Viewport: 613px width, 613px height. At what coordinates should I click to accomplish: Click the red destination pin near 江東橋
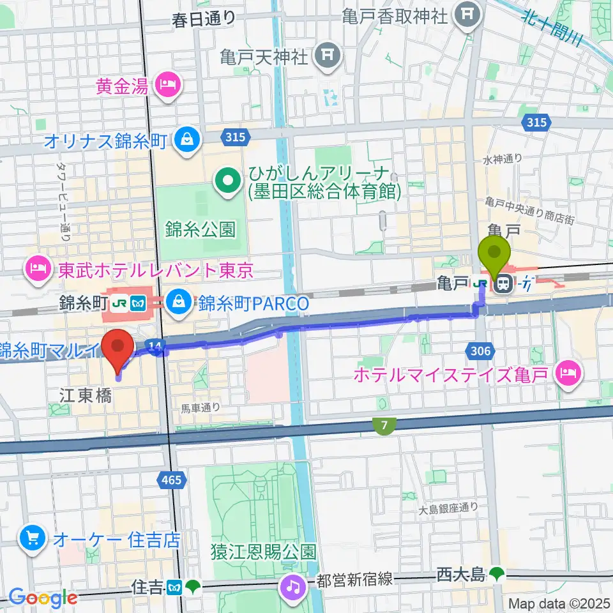click(x=118, y=347)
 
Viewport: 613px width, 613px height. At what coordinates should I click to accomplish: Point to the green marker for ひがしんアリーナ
click(x=226, y=181)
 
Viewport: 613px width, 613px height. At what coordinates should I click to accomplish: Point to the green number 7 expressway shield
click(x=382, y=425)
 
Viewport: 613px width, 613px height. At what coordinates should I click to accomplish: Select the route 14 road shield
click(x=154, y=345)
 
